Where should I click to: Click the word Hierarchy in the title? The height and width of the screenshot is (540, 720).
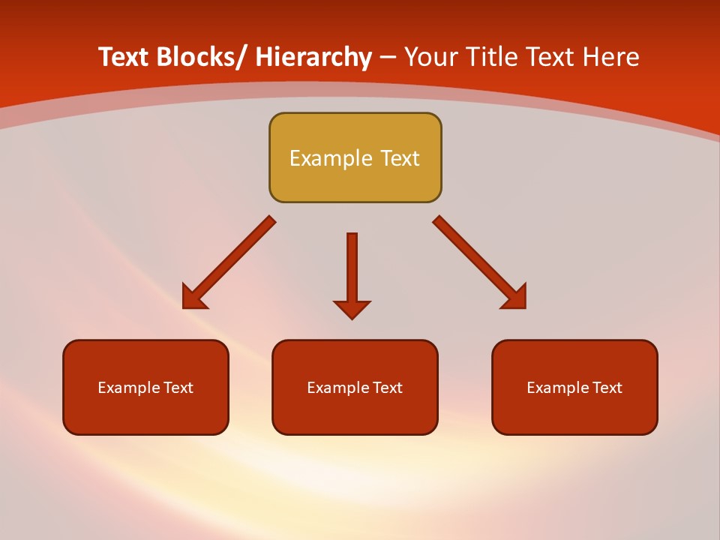tap(313, 57)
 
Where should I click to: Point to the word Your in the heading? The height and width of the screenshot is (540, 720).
tap(430, 57)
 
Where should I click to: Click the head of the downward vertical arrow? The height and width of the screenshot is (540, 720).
tap(352, 308)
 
